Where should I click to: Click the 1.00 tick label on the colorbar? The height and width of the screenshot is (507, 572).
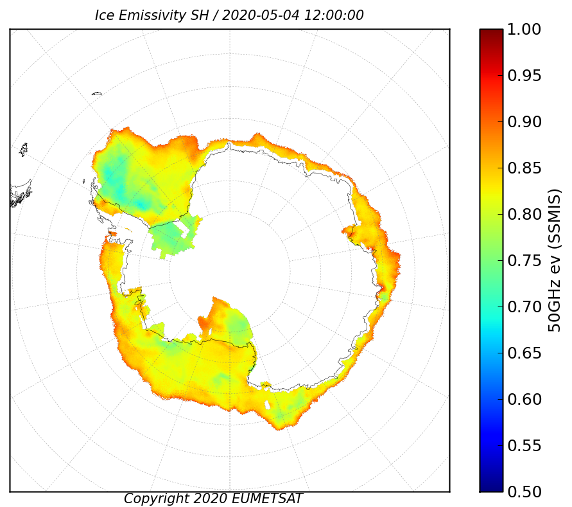click(524, 29)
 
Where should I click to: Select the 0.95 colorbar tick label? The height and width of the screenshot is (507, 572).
click(524, 76)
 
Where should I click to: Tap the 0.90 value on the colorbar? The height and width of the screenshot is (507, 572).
click(524, 121)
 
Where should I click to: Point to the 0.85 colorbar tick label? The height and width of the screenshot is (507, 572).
click(524, 168)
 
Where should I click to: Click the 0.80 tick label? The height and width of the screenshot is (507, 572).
click(524, 214)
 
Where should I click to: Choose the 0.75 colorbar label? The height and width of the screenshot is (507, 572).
click(524, 260)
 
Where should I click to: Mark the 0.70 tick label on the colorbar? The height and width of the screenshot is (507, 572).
click(524, 307)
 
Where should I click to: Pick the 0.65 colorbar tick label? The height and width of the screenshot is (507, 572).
click(524, 353)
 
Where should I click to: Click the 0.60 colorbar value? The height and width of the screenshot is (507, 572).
click(524, 399)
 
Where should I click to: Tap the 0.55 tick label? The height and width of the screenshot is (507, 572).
click(524, 445)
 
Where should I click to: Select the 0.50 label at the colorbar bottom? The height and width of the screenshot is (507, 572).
click(524, 492)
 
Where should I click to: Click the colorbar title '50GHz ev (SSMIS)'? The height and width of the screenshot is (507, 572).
click(554, 260)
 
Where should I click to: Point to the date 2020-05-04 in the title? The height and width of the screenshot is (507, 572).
click(261, 15)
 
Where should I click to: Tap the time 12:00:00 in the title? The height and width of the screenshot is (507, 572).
click(334, 15)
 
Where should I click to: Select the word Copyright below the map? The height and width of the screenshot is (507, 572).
click(157, 499)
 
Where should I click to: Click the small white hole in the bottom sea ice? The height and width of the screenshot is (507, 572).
click(268, 405)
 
